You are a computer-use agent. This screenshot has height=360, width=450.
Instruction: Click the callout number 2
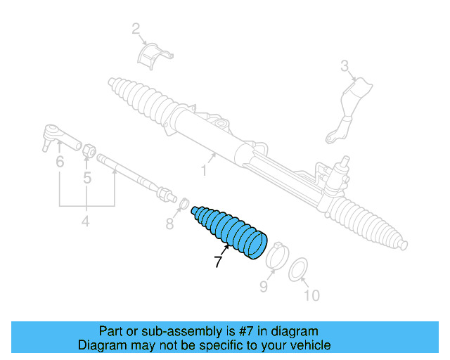coord(136,29)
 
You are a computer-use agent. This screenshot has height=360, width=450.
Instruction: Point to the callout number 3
coord(345,67)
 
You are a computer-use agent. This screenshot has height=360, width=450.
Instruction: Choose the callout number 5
coord(87,178)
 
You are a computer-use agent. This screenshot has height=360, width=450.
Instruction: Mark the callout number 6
coord(60,162)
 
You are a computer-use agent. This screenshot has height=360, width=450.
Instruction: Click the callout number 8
coord(169,224)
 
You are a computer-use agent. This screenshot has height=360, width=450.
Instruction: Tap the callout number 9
coord(264,286)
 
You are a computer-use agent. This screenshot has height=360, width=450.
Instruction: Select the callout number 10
coord(311,295)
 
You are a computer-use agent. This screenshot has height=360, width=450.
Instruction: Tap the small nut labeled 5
coord(89,149)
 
